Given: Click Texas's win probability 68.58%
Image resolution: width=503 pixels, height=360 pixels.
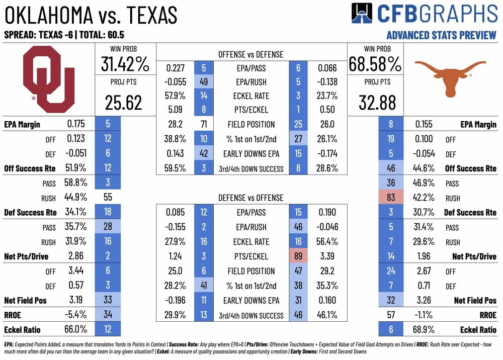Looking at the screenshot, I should point(375,64).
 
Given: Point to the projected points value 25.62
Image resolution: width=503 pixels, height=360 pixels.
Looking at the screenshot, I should point(123,103).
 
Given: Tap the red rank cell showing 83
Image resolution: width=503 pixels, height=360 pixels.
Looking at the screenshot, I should point(391,198).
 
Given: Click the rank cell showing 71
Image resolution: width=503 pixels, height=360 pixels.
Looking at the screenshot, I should point(204,125).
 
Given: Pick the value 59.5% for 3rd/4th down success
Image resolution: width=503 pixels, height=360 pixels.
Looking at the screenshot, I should point(176,169).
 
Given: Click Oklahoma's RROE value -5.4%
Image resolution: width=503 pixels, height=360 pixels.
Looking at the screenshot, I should point(76,315).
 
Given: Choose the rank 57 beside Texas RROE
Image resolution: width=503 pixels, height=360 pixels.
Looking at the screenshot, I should point(391,315).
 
